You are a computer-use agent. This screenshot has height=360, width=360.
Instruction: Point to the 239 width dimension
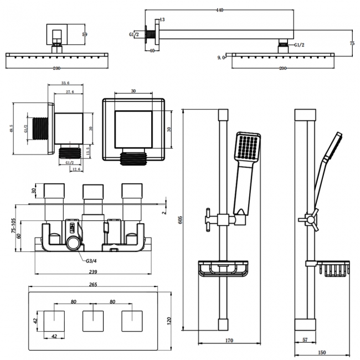93,272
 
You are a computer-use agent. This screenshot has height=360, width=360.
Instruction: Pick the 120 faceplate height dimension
169,321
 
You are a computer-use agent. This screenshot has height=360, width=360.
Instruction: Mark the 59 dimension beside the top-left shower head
85,34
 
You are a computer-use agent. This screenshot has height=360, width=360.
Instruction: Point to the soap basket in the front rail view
223,269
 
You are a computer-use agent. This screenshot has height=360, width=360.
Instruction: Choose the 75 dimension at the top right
352,43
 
